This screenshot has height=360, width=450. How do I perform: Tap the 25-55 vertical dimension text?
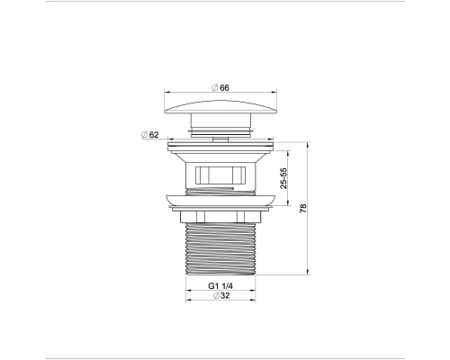[283, 176]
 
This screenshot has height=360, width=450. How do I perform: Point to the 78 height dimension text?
[303, 209]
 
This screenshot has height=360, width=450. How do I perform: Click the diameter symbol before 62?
[144, 135]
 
